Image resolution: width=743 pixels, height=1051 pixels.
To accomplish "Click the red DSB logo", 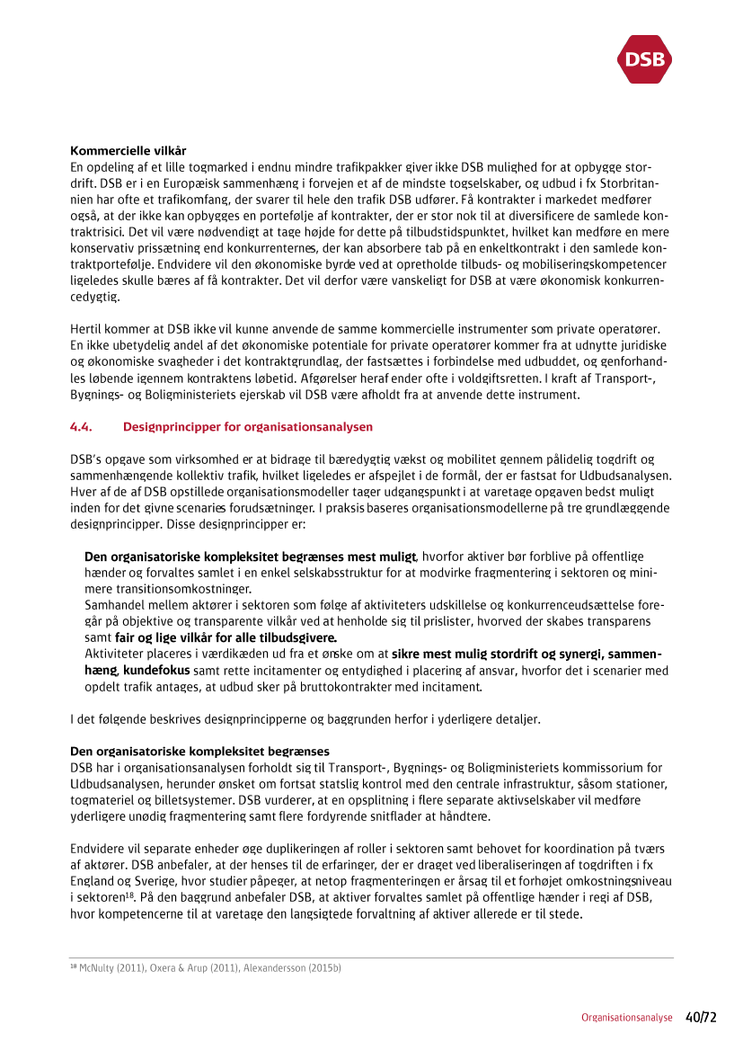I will click(x=644, y=59).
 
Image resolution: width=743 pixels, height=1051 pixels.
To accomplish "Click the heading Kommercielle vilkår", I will click(x=128, y=149).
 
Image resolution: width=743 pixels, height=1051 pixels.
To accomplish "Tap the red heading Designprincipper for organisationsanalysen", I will click(x=248, y=426).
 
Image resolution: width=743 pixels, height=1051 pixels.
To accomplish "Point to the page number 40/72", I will click(x=701, y=1017).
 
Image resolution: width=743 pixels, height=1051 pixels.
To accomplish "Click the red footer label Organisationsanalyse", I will click(x=626, y=1018).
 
